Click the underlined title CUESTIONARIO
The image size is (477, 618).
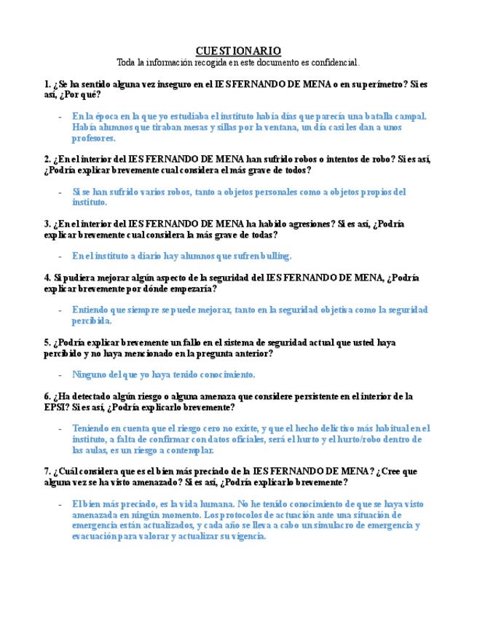(238, 50)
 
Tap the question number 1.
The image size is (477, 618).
(47, 85)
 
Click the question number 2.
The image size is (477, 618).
(47, 160)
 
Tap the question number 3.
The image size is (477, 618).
(47, 224)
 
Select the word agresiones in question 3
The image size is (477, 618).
(310, 224)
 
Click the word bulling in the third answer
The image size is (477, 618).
(274, 256)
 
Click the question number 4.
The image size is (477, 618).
(47, 278)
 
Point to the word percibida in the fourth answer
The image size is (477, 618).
(90, 320)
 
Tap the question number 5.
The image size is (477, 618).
(47, 343)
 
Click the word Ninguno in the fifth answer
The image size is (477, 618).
(90, 375)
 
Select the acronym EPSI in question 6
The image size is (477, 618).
(56, 407)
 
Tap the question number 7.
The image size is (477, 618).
(47, 472)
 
